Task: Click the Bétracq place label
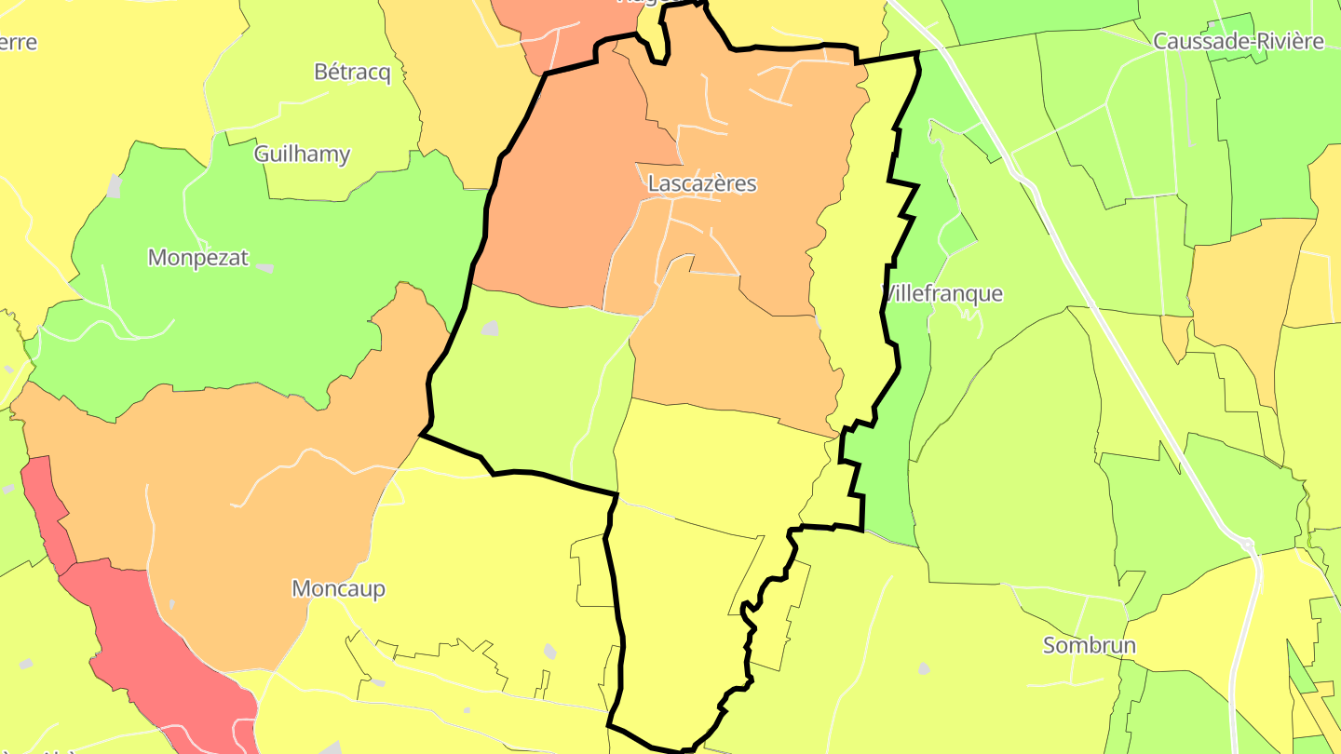tap(352, 72)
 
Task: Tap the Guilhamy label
tap(302, 154)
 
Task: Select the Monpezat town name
tap(198, 257)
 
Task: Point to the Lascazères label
tap(701, 183)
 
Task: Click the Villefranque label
tap(942, 293)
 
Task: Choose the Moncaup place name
tap(338, 588)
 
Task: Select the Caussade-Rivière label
tap(1238, 41)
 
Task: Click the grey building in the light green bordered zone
tap(490, 328)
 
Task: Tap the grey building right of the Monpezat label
tap(265, 268)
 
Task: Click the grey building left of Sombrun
tap(923, 667)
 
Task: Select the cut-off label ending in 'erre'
tap(19, 42)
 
